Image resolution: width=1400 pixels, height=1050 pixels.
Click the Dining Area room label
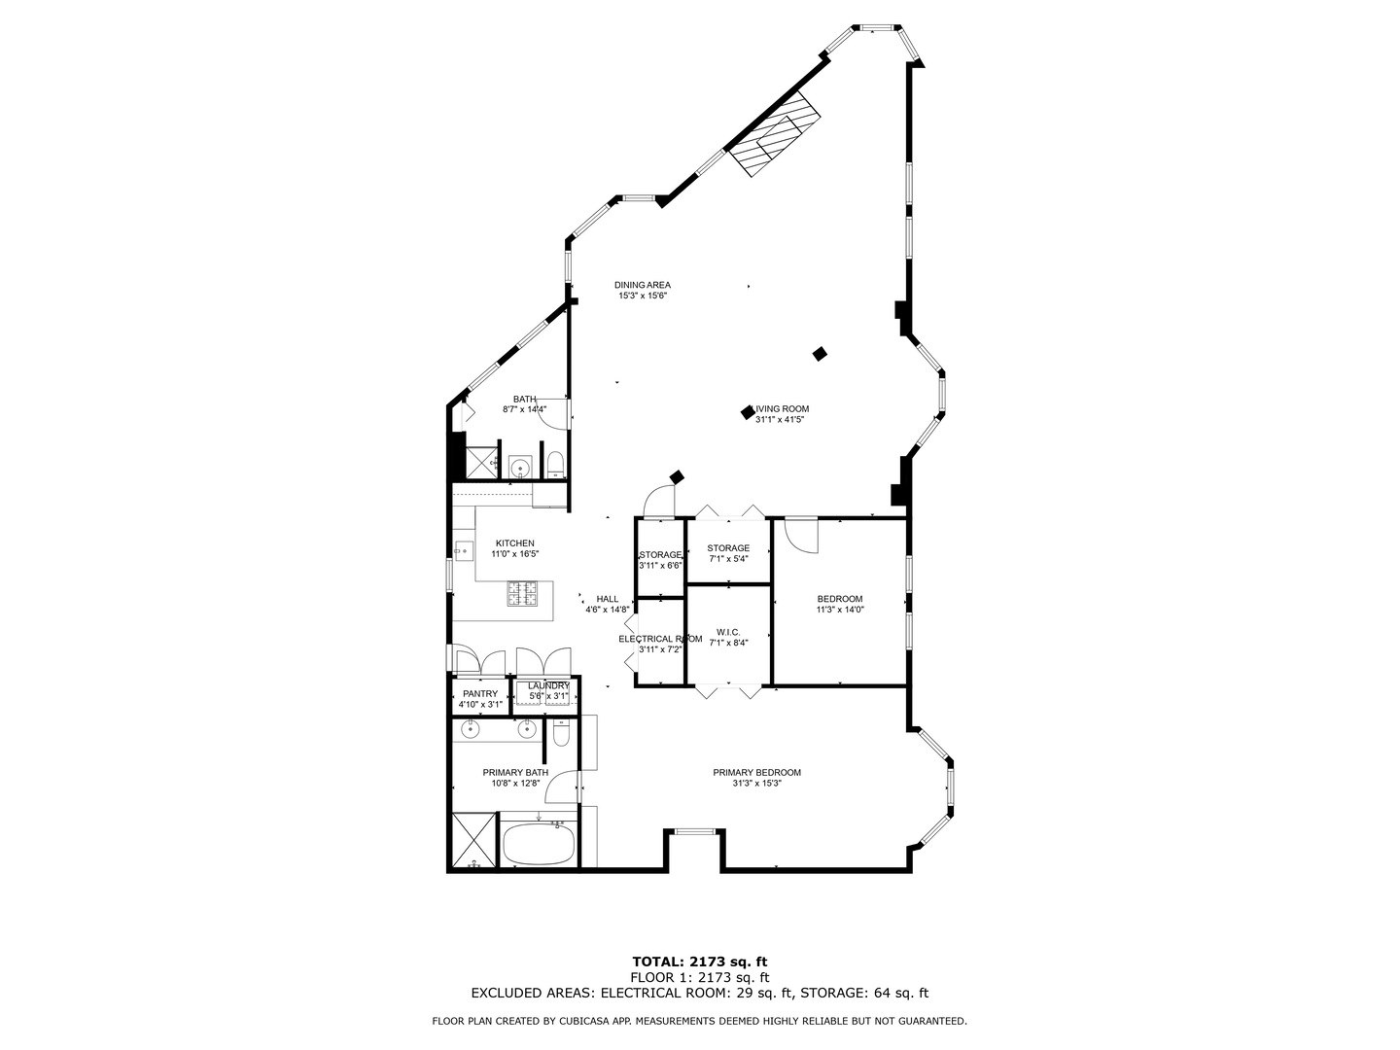pos(643,285)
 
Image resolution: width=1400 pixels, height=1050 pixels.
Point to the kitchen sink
pos(463,551)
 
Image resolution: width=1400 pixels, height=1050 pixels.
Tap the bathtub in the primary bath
pos(539,844)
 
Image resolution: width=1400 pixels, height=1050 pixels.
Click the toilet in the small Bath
pos(555,464)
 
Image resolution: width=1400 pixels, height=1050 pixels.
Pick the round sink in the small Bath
pos(520,469)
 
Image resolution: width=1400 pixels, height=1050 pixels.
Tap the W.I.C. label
pos(728,632)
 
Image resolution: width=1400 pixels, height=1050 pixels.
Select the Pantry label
pos(480,693)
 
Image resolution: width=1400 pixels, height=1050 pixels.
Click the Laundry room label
pos(548,686)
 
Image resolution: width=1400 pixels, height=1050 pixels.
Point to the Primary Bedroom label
pos(756,773)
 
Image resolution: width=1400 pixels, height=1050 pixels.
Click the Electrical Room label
pos(660,639)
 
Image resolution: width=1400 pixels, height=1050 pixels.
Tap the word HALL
pos(608,599)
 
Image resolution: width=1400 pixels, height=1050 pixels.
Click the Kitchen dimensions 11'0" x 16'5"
pos(514,554)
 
